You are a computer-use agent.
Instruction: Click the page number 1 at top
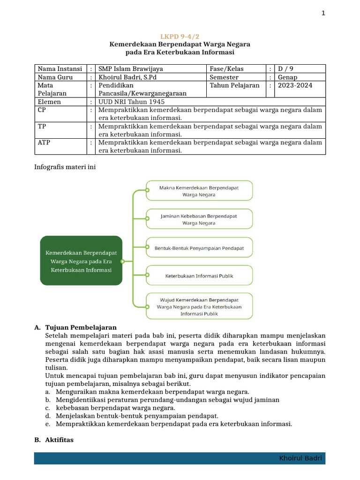323,13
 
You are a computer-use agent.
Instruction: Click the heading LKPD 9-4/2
180,36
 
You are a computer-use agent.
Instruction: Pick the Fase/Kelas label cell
226,69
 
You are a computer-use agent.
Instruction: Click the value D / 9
287,69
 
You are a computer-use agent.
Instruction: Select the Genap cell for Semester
287,77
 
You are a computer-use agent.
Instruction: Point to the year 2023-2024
295,85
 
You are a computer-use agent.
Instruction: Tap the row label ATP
44,142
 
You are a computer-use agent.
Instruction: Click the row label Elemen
49,102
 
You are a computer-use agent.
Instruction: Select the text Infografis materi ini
66,167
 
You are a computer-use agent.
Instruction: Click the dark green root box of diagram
81,261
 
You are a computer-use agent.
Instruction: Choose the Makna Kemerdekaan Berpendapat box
199,191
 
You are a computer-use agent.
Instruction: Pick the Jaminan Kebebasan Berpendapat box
199,219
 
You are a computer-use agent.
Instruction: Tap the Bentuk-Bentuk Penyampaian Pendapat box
199,247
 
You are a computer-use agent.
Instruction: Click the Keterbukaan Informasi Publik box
199,276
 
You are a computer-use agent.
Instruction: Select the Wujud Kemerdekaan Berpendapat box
199,306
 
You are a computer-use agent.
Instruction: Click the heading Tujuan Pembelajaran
81,327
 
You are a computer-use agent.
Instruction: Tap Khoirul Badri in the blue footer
300,458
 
